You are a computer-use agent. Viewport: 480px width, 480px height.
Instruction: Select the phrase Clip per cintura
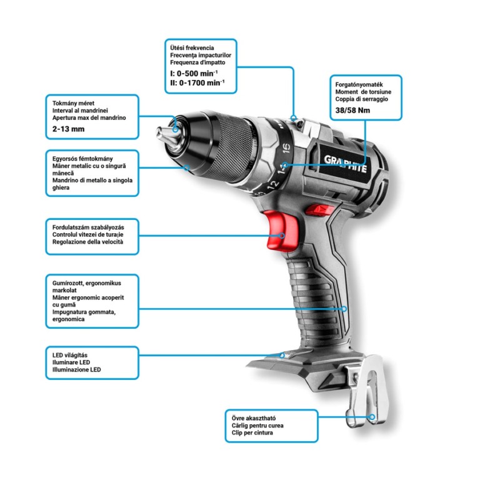[x=252, y=432]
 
